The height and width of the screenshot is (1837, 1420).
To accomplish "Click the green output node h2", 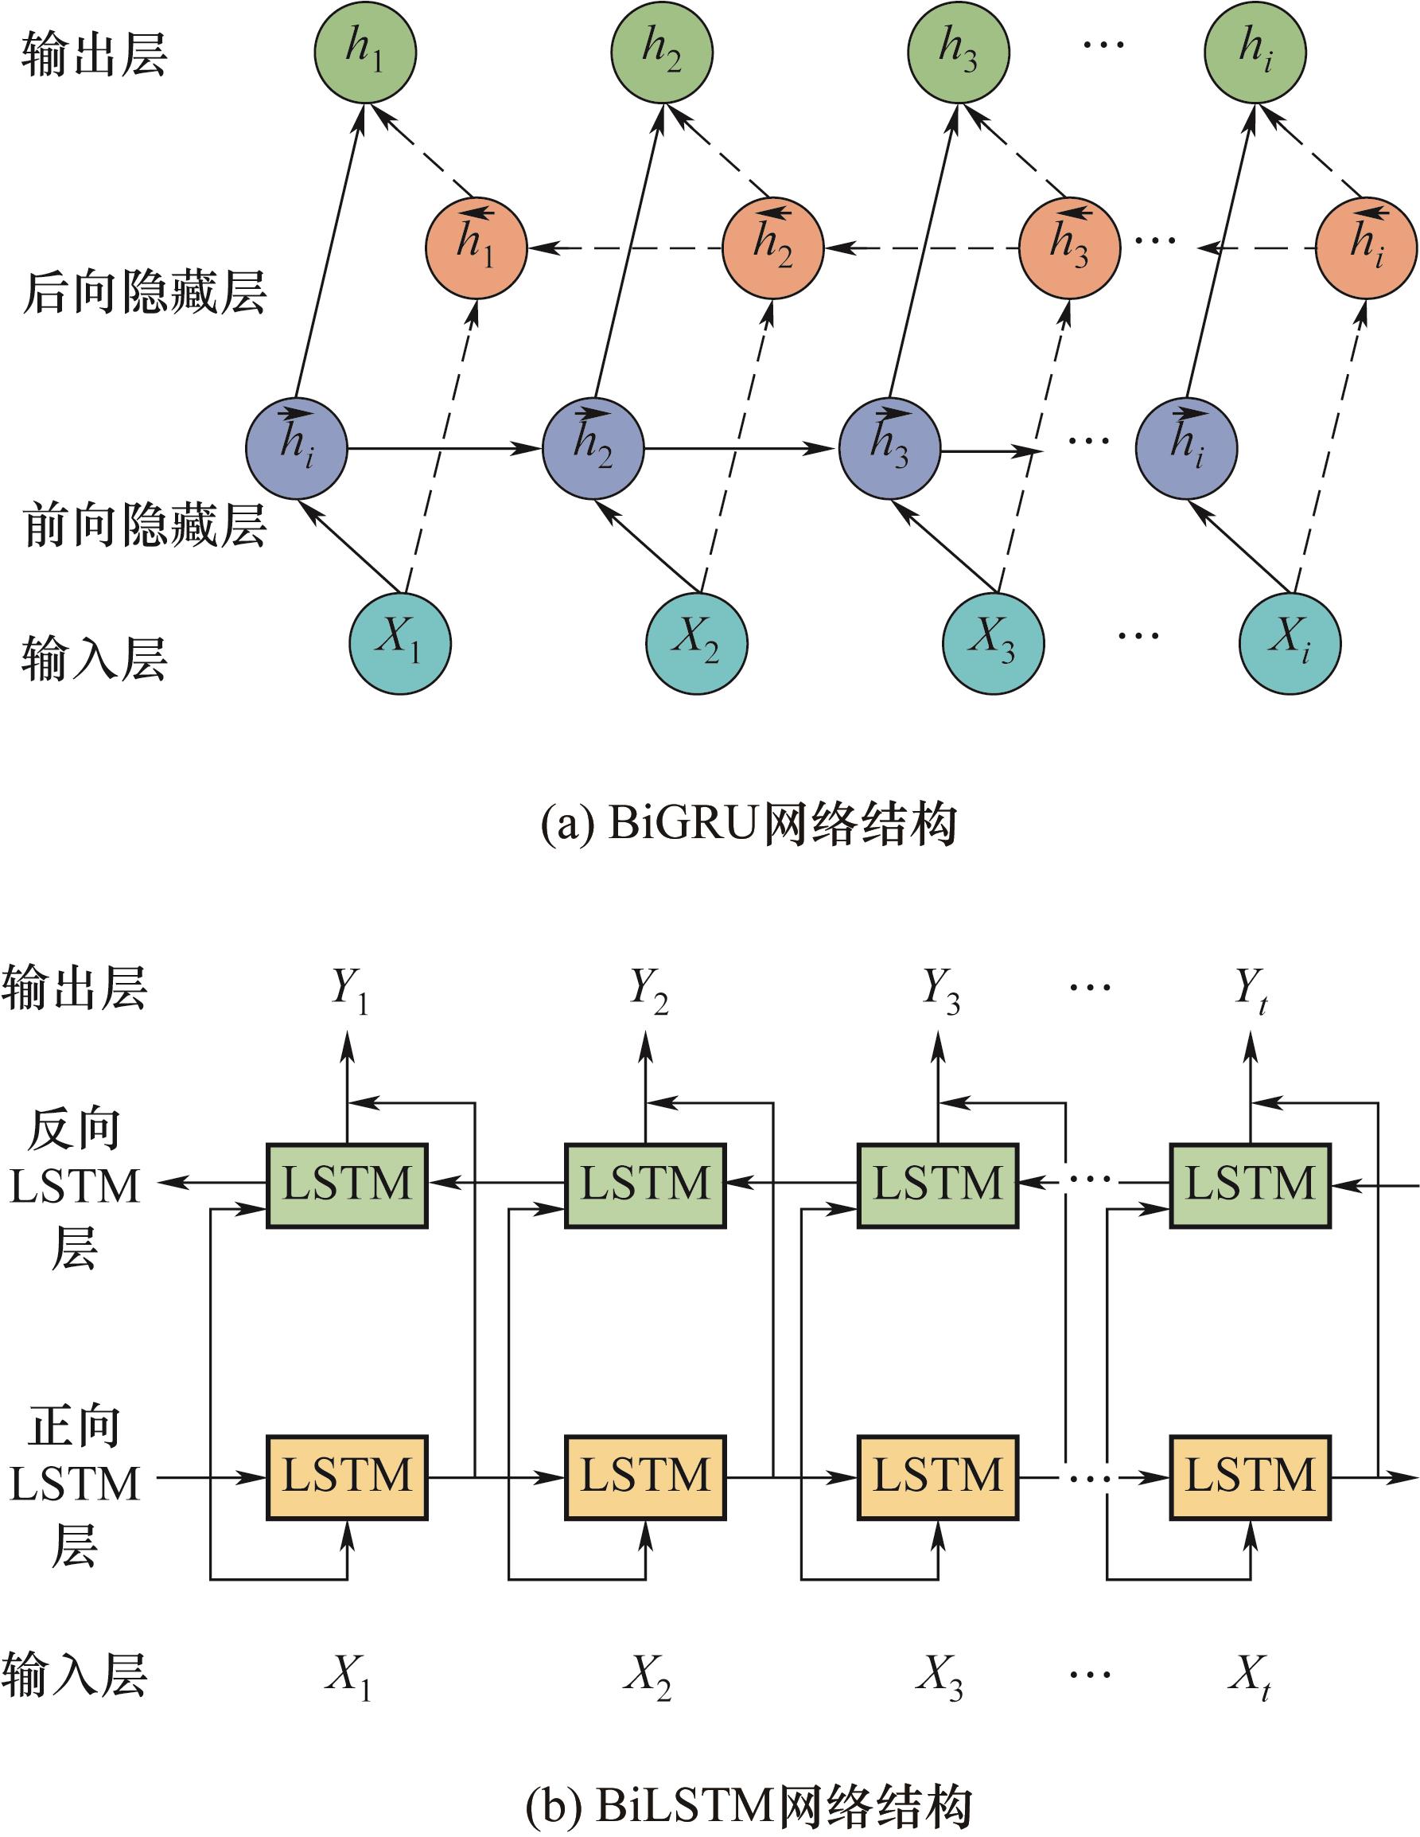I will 663,53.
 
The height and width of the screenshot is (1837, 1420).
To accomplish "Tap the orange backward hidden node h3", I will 1068,248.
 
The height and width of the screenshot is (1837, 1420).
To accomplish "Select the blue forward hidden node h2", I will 593,448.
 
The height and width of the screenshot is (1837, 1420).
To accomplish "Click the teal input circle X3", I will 993,643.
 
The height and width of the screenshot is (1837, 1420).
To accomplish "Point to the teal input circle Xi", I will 1290,643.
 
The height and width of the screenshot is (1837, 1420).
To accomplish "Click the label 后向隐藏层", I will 145,294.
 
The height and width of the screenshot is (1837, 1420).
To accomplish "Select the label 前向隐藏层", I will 145,525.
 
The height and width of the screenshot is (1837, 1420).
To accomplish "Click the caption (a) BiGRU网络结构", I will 749,825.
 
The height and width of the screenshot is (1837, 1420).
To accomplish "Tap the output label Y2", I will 649,989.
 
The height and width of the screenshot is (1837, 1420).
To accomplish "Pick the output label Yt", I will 1251,989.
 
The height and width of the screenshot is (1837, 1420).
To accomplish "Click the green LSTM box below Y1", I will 346,1185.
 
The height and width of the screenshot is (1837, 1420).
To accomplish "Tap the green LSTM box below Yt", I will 1251,1185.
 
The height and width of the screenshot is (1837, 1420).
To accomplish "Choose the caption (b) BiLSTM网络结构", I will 749,1801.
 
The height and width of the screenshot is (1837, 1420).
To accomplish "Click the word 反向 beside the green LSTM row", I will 74,1129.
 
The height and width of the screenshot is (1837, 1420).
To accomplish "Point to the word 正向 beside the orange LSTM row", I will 74,1427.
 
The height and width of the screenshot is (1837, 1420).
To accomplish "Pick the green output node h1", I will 366,53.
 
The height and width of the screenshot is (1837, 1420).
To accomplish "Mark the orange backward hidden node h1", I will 476,248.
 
